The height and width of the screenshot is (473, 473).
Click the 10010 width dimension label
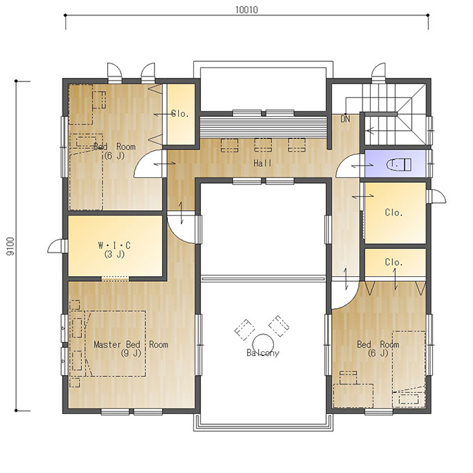point(246,10)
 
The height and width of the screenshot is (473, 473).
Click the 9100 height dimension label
point(10,246)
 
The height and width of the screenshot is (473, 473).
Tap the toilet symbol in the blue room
point(399,164)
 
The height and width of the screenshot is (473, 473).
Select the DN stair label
point(345,119)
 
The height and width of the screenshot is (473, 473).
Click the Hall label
point(262,163)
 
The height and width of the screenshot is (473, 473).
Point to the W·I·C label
point(115,245)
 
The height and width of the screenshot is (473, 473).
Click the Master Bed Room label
point(131,344)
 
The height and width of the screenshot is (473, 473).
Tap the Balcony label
point(263,353)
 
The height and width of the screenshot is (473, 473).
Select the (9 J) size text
point(131,353)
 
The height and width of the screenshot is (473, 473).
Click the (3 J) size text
point(115,255)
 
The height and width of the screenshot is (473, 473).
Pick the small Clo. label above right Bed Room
point(394,262)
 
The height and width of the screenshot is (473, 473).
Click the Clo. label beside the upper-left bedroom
point(180,113)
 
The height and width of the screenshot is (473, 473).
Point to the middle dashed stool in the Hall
point(263,145)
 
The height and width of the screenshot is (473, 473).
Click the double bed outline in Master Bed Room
point(115,344)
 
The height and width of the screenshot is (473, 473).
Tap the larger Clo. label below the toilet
point(394,213)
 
